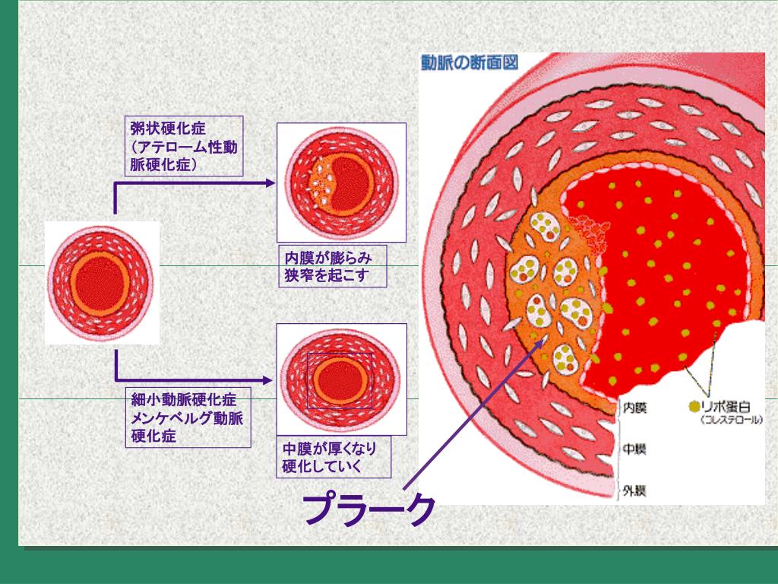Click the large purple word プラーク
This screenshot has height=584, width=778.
[x=369, y=508]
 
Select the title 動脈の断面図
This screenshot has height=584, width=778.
[x=470, y=62]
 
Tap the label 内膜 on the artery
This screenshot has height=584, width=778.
[x=634, y=408]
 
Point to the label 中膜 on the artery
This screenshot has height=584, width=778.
[x=634, y=449]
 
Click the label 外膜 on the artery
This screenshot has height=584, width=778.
[x=634, y=490]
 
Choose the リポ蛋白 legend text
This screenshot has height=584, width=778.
[x=731, y=407]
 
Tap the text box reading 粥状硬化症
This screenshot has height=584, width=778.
[x=183, y=146]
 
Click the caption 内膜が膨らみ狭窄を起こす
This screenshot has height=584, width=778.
[x=331, y=266]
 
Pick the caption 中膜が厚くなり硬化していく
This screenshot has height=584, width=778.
[x=334, y=456]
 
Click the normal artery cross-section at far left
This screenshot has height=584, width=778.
[x=100, y=282]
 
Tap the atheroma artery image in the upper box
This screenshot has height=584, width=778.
[x=341, y=182]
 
